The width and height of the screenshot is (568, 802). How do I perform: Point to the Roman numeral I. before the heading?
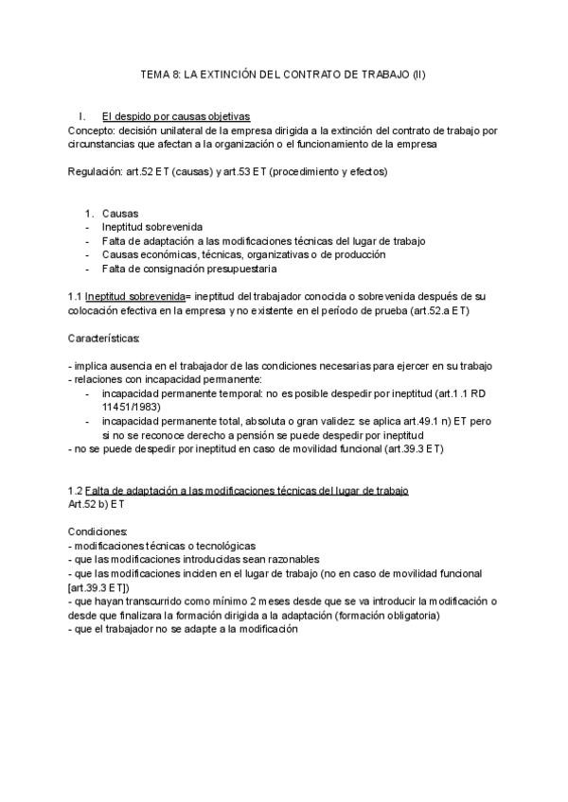pos(83,116)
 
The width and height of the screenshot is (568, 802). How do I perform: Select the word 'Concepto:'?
pos(91,129)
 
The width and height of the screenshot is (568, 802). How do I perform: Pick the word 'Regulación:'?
pos(96,172)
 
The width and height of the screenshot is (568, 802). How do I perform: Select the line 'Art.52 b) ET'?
pos(97,505)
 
